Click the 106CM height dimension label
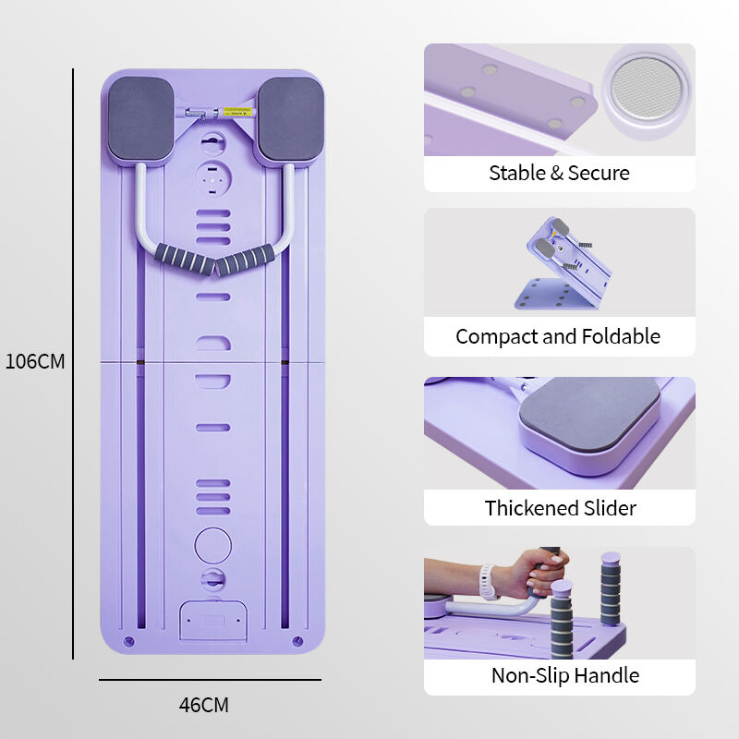35,361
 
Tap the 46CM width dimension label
203,705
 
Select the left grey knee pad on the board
141,119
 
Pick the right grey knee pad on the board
291,119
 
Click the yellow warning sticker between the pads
237,113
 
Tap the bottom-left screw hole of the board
128,641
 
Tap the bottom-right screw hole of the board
297,641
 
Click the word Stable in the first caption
516,173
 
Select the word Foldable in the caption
621,336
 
